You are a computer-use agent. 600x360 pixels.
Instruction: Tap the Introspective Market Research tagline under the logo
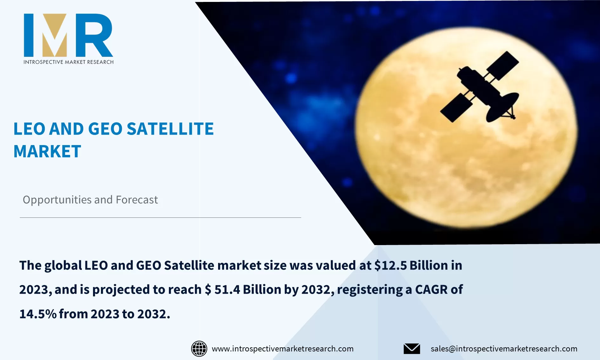tap(68, 62)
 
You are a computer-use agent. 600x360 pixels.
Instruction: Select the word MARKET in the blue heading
tap(47, 151)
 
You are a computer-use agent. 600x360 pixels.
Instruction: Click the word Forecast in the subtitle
tap(137, 200)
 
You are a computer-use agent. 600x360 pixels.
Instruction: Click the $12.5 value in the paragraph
tap(390, 265)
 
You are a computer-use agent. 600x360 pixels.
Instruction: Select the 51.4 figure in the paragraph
tap(227, 290)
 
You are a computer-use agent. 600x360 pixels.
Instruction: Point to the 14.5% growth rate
tap(38, 314)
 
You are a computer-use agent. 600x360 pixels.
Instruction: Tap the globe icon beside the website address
tap(199, 349)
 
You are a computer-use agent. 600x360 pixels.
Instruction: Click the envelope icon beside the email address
tap(412, 349)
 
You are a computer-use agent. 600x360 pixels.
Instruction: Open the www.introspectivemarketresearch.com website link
tap(283, 349)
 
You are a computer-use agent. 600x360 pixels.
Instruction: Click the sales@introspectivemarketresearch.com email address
tap(504, 349)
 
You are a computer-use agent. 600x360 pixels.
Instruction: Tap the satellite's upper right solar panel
tap(503, 65)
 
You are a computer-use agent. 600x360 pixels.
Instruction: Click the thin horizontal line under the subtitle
tap(160, 217)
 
